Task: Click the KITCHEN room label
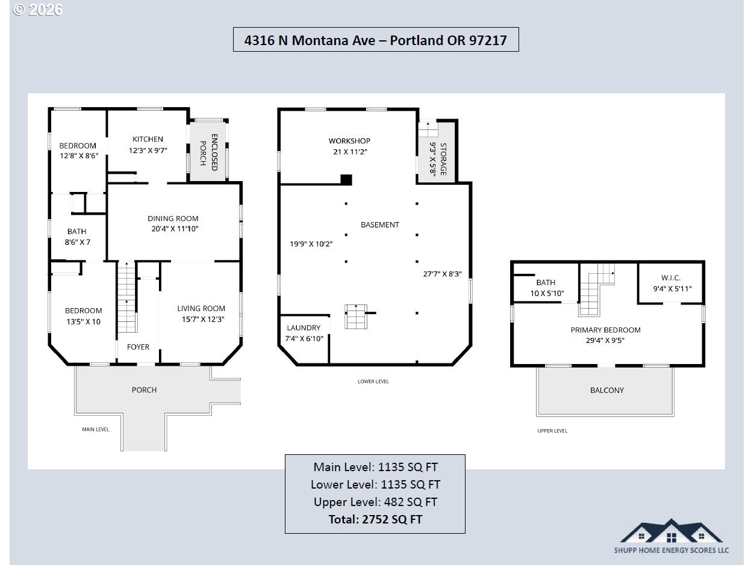point(148,139)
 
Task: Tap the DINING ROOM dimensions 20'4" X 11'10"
point(175,229)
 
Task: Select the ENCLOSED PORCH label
point(209,152)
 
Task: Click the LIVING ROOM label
point(201,309)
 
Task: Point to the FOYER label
point(138,347)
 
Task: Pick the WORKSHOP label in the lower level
point(349,141)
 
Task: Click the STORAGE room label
point(443,159)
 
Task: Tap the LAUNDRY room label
point(304,327)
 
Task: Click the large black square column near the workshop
point(346,180)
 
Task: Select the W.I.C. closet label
point(670,277)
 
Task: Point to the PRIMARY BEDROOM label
point(606,330)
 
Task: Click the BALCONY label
point(607,390)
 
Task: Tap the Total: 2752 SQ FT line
point(375,519)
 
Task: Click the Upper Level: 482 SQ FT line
point(375,502)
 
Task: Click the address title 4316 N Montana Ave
point(310,40)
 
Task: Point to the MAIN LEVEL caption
point(96,429)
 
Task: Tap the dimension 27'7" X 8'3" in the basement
point(443,274)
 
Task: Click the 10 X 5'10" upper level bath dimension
point(547,293)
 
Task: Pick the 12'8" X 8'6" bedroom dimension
point(79,156)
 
